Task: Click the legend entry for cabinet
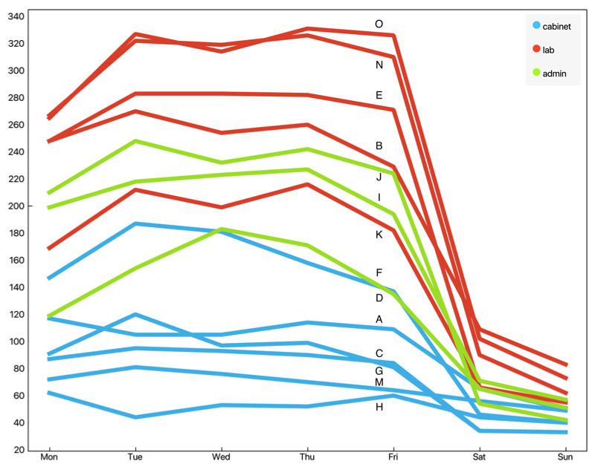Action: pyautogui.click(x=556, y=26)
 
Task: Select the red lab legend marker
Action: pyautogui.click(x=536, y=50)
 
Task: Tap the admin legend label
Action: pyautogui.click(x=555, y=73)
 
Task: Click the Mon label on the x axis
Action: pyautogui.click(x=49, y=456)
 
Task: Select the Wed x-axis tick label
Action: pyautogui.click(x=221, y=456)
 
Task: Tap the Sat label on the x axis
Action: pyautogui.click(x=479, y=456)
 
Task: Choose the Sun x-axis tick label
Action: pyautogui.click(x=565, y=456)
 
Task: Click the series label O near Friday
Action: pyautogui.click(x=379, y=24)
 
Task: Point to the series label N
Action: pyautogui.click(x=379, y=65)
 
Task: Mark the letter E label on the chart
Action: pyautogui.click(x=379, y=95)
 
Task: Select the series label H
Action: pyautogui.click(x=379, y=407)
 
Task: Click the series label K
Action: pyautogui.click(x=379, y=234)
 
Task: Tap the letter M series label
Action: pyautogui.click(x=379, y=382)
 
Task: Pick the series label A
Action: pyautogui.click(x=379, y=319)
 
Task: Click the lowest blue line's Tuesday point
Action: pyautogui.click(x=135, y=417)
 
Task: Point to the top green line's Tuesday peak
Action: pyautogui.click(x=135, y=141)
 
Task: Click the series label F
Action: pyautogui.click(x=379, y=272)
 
